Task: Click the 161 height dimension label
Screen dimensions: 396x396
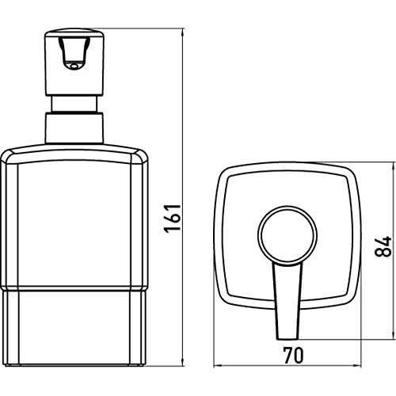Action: (172, 219)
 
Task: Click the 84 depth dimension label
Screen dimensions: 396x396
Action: (383, 246)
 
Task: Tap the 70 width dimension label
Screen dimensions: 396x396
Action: (293, 355)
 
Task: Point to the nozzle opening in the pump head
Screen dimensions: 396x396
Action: (74, 66)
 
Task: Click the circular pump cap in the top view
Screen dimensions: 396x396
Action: (287, 235)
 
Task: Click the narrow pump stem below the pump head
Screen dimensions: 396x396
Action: (74, 104)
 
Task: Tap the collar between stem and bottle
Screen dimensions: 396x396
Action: (74, 128)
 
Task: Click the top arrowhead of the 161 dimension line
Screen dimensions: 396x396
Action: (182, 32)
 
